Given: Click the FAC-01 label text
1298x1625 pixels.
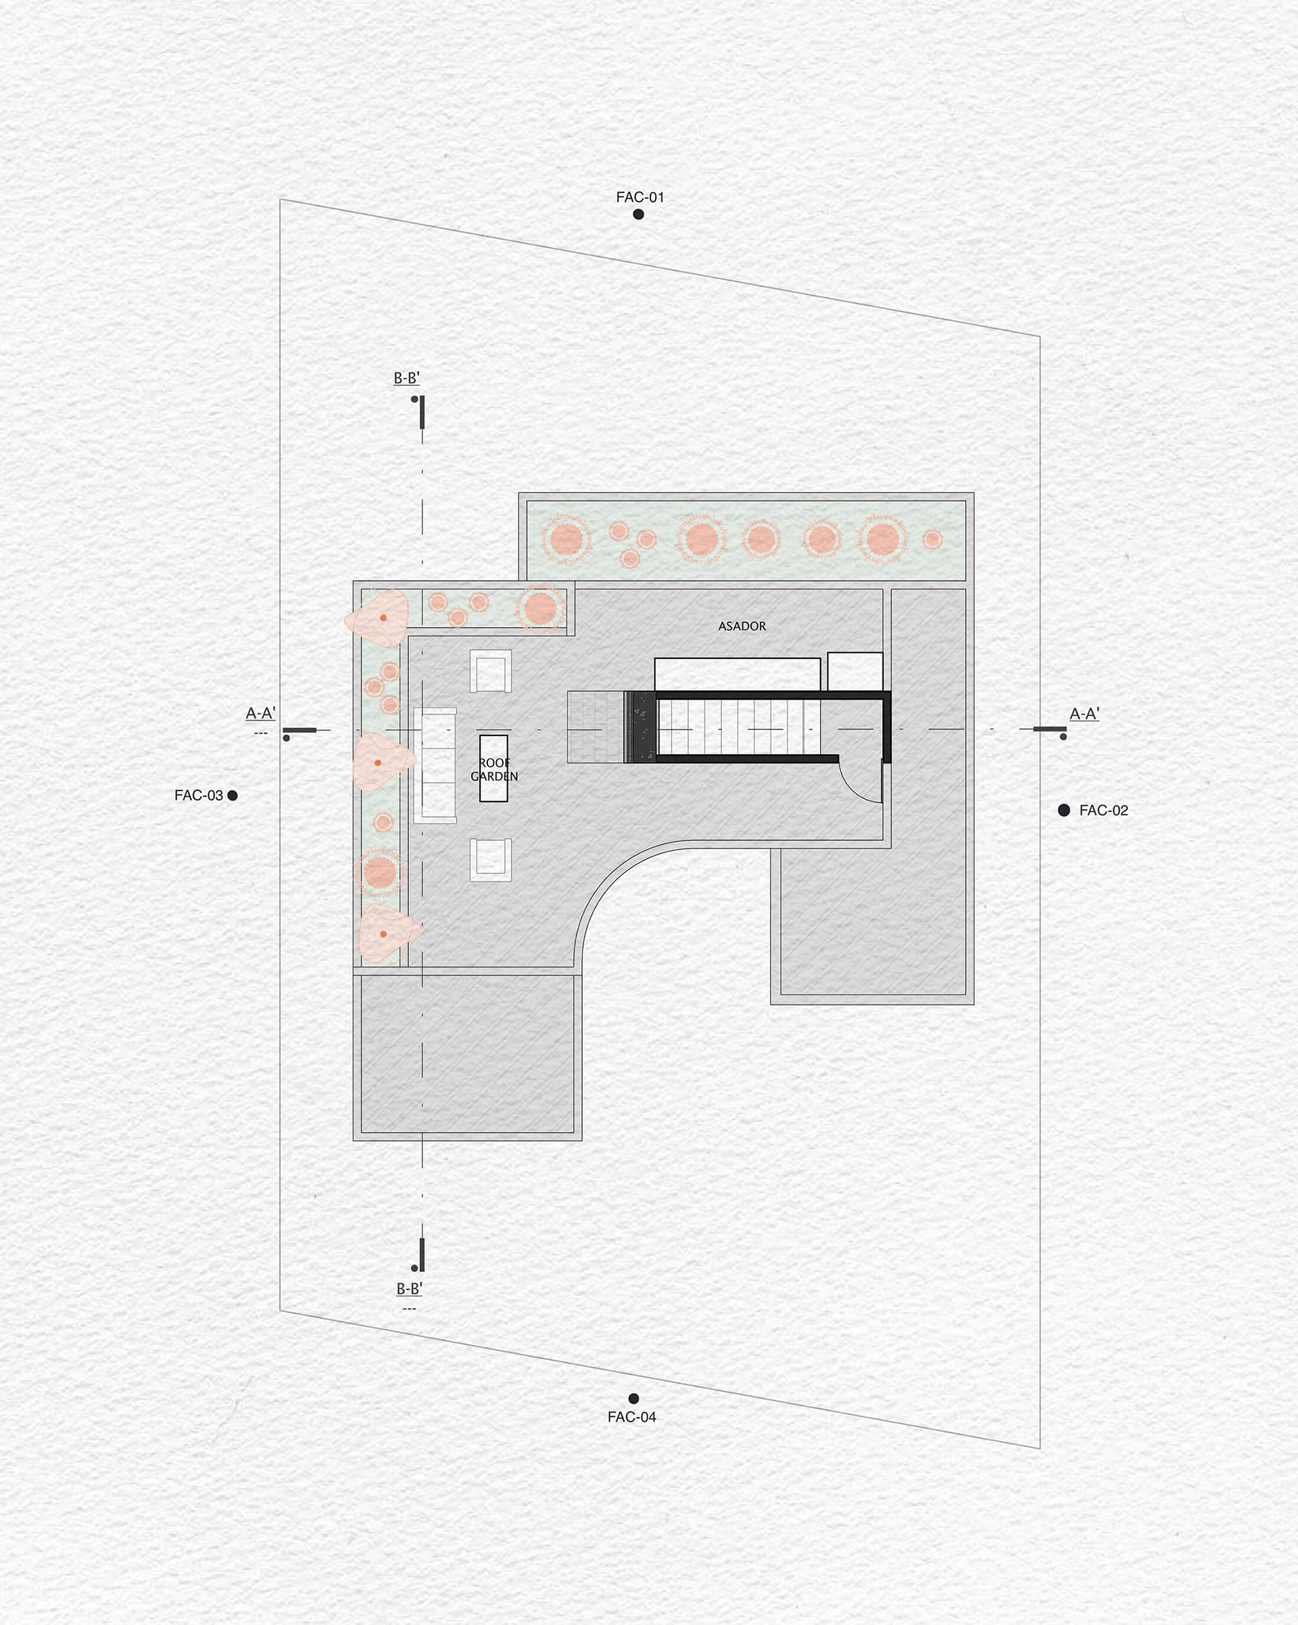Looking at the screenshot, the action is pos(640,197).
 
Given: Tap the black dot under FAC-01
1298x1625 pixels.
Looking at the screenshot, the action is pos(638,214).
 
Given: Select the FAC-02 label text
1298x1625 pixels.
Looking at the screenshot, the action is pos(1103,810).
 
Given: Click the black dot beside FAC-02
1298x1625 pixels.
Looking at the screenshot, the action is pos(1063,810).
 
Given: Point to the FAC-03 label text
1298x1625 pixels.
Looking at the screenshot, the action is pos(198,795).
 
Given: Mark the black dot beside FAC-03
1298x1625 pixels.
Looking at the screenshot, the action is pos(232,795).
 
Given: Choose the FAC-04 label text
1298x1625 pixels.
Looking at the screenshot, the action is pos(631,1417).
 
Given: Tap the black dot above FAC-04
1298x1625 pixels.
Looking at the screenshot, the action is pos(634,1399).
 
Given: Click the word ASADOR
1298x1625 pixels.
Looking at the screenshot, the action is pos(742,627).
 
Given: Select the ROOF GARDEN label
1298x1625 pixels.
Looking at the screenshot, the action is pos(494,769).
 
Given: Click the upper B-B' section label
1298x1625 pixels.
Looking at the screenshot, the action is pos(406,379).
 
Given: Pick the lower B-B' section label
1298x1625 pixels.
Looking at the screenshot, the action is pos(409,1289).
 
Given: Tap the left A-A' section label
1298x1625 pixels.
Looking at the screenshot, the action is pos(261,713).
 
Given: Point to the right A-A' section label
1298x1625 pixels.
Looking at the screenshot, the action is pos(1084,714).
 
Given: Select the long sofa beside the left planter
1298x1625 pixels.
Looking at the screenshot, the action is pos(435,765).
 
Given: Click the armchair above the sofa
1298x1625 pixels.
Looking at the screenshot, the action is pos(491,671).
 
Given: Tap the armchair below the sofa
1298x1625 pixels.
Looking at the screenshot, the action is pos(491,859).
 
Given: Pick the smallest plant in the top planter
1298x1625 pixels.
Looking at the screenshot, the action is pos(932,539).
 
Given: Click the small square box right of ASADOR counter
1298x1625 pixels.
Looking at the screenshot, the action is pos(855,671).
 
